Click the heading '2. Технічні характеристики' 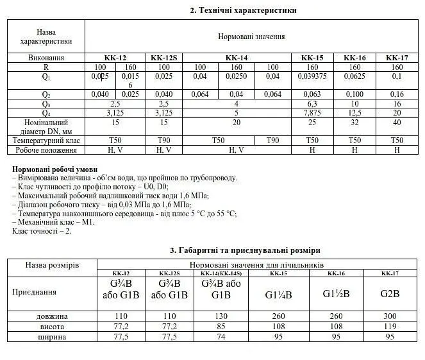click(x=243, y=10)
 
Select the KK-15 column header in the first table click(x=312, y=58)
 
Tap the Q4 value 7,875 click(x=312, y=113)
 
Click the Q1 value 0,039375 click(x=312, y=76)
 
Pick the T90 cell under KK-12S click(x=164, y=141)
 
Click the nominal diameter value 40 click(x=397, y=122)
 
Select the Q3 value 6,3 click(x=312, y=104)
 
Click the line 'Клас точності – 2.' click(x=42, y=230)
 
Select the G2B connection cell click(x=390, y=294)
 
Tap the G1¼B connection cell click(x=278, y=295)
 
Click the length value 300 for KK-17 click(x=390, y=316)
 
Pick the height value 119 click(x=390, y=326)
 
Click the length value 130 click(x=220, y=316)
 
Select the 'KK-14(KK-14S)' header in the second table click(x=220, y=273)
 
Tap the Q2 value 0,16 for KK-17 click(x=397, y=94)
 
